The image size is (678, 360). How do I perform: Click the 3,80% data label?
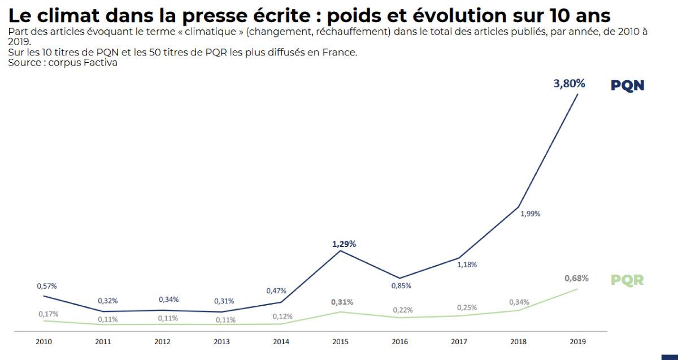point(569,84)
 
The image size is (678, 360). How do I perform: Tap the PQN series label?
point(627,85)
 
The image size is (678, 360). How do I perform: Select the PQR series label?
point(627,280)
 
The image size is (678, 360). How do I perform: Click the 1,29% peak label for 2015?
point(344,244)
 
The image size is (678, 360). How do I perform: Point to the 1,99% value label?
point(530,214)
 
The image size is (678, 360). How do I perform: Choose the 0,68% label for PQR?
point(576,278)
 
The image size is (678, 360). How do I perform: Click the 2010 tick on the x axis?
point(44,342)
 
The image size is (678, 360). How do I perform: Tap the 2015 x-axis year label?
point(340,342)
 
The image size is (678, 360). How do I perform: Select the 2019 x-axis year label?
point(578,342)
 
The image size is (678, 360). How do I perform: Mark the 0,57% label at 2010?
point(47,287)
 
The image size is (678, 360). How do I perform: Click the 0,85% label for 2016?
point(401,285)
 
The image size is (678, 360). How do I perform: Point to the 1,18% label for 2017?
point(467,264)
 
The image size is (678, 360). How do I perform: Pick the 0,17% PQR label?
point(48,314)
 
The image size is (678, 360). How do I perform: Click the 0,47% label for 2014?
point(276,290)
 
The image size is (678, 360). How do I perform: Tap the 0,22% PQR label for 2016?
point(403,310)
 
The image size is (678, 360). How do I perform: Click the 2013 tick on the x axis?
point(221,342)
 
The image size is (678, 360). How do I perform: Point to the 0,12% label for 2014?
point(282,316)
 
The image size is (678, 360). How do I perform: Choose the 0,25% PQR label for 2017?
point(467,307)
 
